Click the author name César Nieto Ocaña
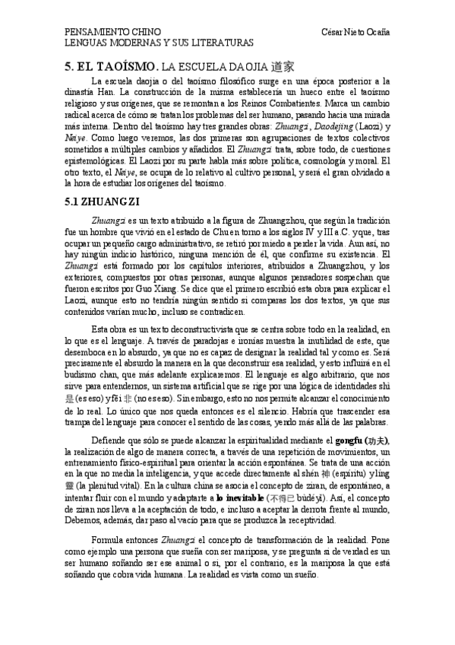pyautogui.click(x=355, y=33)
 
